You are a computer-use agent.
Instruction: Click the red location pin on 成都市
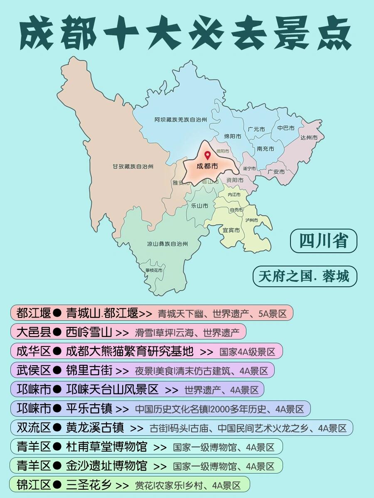(x=207, y=156)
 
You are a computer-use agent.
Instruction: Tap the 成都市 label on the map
(x=207, y=166)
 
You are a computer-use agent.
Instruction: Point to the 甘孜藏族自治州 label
(x=133, y=166)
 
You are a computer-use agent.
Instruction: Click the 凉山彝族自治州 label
(x=167, y=244)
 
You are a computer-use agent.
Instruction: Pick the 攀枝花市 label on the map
(x=154, y=270)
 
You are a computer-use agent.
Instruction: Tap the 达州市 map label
(x=309, y=137)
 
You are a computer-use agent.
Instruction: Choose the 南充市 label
(x=266, y=149)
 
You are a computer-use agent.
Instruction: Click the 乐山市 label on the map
(x=199, y=205)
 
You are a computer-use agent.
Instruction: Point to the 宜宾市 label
(x=231, y=230)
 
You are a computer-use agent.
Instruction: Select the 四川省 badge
(x=323, y=241)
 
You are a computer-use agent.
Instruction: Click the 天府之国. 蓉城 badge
(x=305, y=276)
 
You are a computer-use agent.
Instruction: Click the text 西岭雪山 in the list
(x=89, y=332)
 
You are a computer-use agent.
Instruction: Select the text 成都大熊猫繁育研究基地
(x=130, y=352)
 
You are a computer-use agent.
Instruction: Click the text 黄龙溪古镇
(x=95, y=427)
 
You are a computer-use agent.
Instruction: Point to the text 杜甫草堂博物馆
(x=106, y=447)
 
